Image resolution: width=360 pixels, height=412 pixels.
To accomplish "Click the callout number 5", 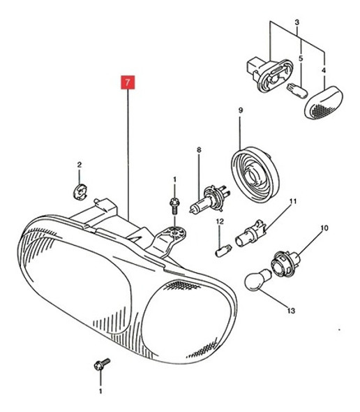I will (x=301, y=59).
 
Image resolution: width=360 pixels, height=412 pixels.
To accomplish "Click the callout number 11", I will (x=293, y=202).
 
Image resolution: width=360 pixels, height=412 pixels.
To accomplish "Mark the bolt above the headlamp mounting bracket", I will (x=173, y=205).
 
